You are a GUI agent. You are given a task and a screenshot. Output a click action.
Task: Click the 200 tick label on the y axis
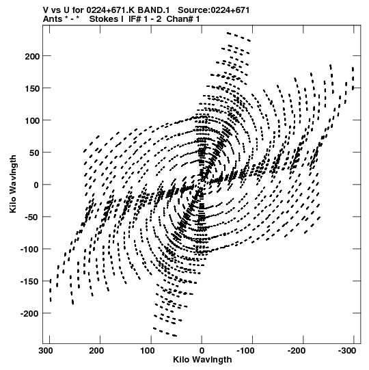point(32,56)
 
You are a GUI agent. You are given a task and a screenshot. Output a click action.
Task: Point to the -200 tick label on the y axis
point(29,314)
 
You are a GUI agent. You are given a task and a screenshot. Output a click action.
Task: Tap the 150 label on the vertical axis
point(32,88)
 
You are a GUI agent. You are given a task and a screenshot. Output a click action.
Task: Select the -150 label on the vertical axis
point(29,282)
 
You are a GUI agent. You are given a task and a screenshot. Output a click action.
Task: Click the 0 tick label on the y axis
point(36,185)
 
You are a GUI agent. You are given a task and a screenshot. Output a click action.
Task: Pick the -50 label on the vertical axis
point(31,217)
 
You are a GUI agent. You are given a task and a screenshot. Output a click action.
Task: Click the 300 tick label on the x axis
point(46,351)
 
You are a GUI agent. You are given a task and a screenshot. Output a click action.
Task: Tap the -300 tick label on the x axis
point(347,351)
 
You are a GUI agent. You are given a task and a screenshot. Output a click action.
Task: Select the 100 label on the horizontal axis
point(148,351)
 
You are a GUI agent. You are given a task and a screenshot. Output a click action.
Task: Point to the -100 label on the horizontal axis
point(246,351)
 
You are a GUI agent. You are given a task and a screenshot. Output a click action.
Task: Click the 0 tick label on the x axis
point(202,351)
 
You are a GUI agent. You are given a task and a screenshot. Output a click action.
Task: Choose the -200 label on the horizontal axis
point(297,351)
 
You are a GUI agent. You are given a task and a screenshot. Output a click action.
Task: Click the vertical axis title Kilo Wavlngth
point(13,184)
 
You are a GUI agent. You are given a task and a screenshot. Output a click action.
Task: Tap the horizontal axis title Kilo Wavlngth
point(202,360)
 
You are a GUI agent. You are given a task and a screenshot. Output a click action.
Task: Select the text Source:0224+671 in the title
point(213,10)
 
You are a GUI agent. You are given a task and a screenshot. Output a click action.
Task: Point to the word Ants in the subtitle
point(53,19)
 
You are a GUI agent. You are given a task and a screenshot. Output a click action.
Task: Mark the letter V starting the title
point(46,10)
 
